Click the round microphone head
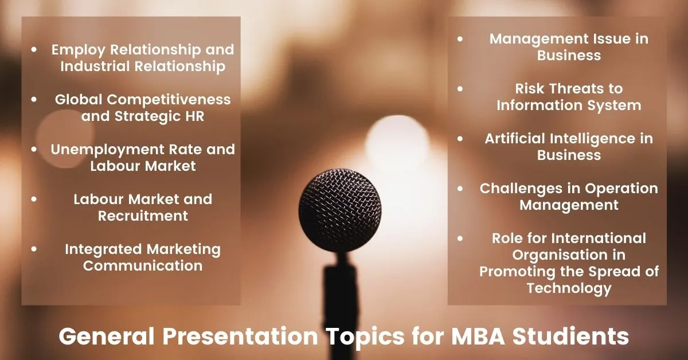coord(339,210)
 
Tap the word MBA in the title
coord(478,336)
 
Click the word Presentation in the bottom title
coord(240,336)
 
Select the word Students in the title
coord(570,336)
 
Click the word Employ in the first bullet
coord(79,50)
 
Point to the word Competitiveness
coord(169,100)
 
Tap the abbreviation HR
coord(195,116)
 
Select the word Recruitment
coord(143,216)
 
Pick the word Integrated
coord(103,249)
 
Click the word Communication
coord(143,265)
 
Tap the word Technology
coord(569,288)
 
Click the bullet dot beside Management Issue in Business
coord(460,39)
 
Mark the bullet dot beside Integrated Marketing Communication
coord(34,249)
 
